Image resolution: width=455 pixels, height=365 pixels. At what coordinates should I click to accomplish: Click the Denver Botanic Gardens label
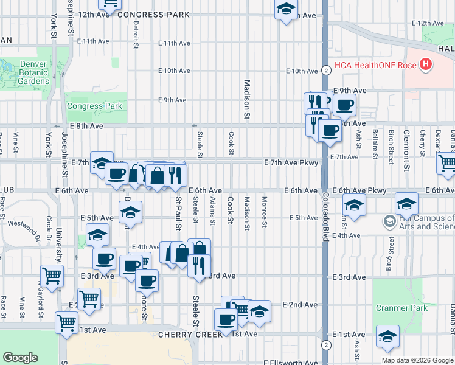pyautogui.click(x=26, y=72)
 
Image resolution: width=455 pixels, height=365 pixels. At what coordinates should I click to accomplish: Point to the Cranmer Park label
pyautogui.click(x=401, y=308)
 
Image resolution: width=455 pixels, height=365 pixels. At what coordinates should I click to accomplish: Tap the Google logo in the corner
pyautogui.click(x=20, y=358)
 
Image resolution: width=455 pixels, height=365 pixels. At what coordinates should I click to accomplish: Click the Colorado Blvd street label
pyautogui.click(x=325, y=217)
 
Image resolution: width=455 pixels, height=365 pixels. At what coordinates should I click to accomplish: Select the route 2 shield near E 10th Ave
pyautogui.click(x=327, y=71)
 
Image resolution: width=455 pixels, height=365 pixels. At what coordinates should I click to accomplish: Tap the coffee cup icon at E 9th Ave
pyautogui.click(x=344, y=105)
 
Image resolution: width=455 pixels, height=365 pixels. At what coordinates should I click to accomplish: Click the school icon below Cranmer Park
pyautogui.click(x=387, y=336)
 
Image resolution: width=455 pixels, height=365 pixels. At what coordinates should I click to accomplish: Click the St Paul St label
pyautogui.click(x=178, y=213)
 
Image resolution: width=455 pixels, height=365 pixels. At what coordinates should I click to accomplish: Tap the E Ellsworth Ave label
pyautogui.click(x=291, y=362)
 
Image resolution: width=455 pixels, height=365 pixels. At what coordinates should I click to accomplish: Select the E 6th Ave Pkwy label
pyautogui.click(x=364, y=190)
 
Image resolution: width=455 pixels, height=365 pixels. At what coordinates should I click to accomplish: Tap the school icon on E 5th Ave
pyautogui.click(x=130, y=213)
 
